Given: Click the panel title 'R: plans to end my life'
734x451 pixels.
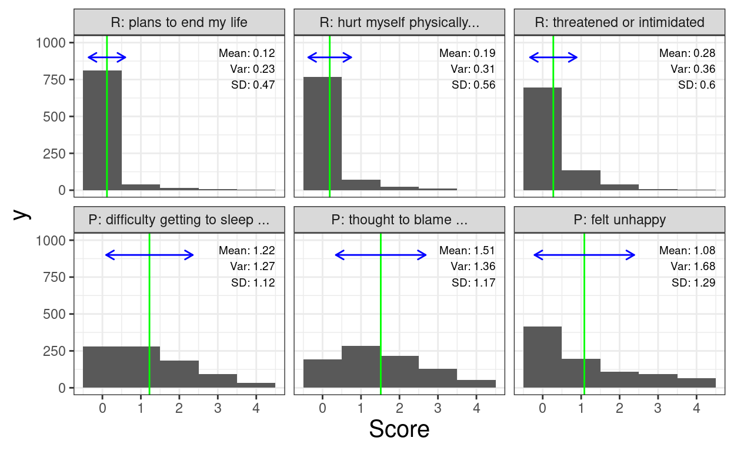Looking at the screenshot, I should pyautogui.click(x=179, y=23).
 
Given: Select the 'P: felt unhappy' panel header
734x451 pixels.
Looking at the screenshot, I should pyautogui.click(x=619, y=220).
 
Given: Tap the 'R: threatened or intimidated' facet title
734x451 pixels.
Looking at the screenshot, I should pyautogui.click(x=619, y=23).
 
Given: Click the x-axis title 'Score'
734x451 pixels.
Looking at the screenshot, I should pyautogui.click(x=399, y=429).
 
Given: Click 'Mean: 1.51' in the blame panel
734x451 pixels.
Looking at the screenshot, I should pyautogui.click(x=467, y=251).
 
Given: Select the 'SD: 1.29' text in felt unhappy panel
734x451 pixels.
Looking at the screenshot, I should pyautogui.click(x=693, y=283).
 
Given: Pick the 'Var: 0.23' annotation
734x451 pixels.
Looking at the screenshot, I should pyautogui.click(x=252, y=69).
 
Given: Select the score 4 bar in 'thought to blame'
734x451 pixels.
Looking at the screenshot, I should pyautogui.click(x=476, y=383).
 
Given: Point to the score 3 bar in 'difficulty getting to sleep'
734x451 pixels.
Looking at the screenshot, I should pyautogui.click(x=218, y=381).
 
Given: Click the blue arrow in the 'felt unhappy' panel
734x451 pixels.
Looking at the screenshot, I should pyautogui.click(x=584, y=255).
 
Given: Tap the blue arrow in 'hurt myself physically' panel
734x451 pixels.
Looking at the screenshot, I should pyautogui.click(x=329, y=58).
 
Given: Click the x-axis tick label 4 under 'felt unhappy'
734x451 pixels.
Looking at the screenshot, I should pyautogui.click(x=696, y=407).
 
